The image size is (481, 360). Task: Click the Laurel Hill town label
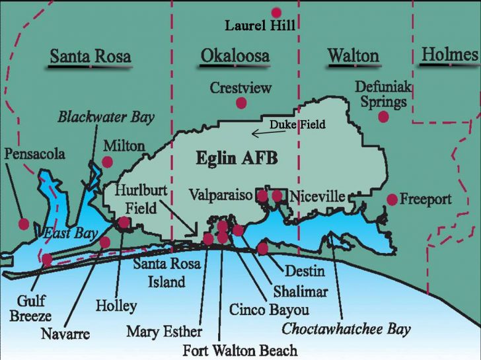[260, 26]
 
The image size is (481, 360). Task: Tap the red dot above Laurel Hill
[276, 12]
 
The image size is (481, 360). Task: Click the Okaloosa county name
[235, 55]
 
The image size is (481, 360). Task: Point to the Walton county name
[353, 55]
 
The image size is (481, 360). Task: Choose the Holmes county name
[450, 54]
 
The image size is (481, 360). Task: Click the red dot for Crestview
[241, 102]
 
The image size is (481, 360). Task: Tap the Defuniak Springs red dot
[383, 117]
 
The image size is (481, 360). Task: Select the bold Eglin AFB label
[237, 159]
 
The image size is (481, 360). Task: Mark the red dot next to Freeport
[392, 199]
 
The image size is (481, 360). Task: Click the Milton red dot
[107, 162]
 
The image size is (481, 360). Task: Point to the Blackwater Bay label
[106, 118]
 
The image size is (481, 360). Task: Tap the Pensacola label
[34, 154]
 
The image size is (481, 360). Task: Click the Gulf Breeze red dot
[46, 259]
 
